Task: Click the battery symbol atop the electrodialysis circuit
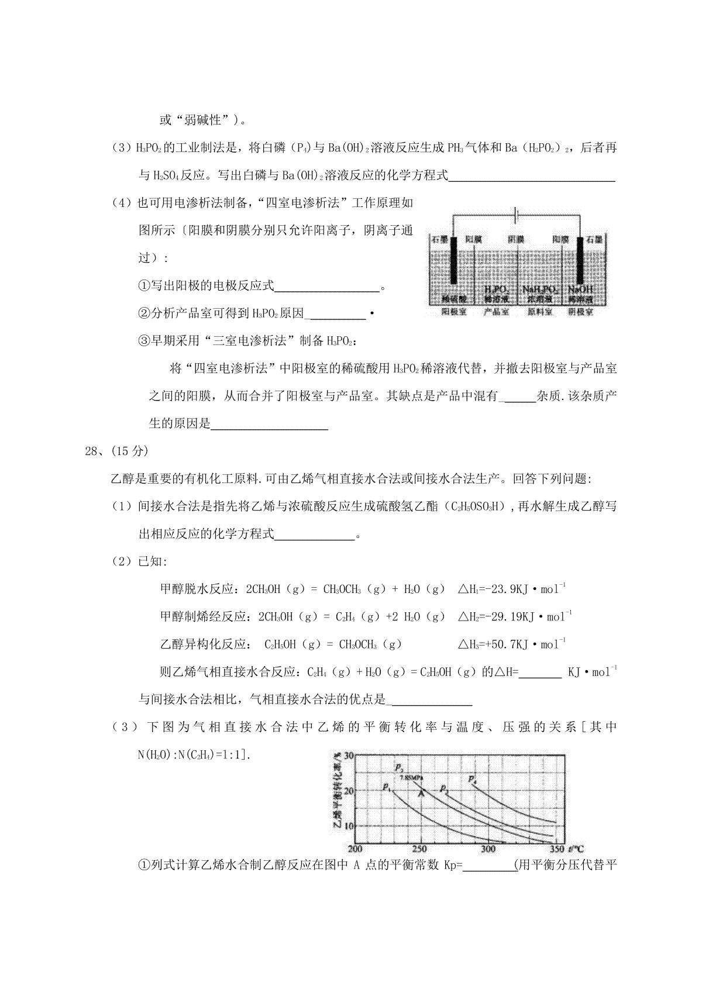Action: coord(514,216)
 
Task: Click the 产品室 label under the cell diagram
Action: coord(496,312)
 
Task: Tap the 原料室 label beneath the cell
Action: coord(540,312)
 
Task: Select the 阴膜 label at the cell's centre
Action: coord(515,239)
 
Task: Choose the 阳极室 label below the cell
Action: coord(453,312)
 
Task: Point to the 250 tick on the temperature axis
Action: coord(419,849)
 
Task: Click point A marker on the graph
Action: coord(420,792)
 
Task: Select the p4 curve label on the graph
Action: coord(473,778)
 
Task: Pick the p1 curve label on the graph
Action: coord(387,787)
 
